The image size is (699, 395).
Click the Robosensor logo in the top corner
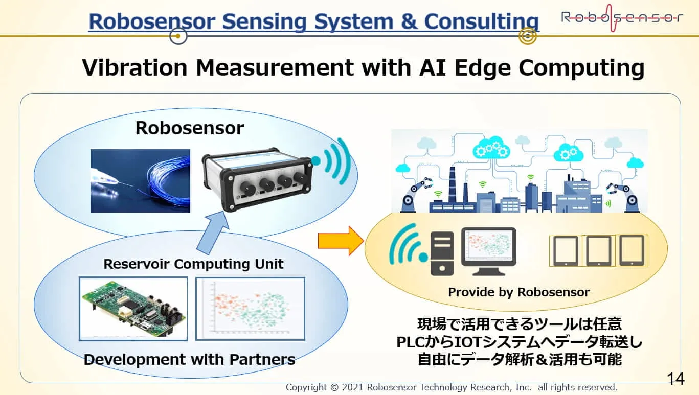point(622,18)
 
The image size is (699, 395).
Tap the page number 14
point(675,379)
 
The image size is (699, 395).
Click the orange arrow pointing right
point(341,241)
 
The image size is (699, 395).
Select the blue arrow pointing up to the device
point(213,233)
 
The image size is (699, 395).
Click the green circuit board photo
point(133,309)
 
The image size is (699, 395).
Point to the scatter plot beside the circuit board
point(250,309)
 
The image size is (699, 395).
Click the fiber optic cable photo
point(140,181)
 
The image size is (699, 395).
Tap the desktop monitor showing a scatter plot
point(489,251)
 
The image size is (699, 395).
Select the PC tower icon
point(442,254)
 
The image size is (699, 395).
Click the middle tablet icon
point(598,251)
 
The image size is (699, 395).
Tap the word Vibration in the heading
point(134,67)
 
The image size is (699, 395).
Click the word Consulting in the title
point(482,21)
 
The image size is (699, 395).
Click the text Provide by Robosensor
point(518,292)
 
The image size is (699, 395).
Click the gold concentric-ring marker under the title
point(527,36)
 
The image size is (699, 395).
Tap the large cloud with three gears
point(491,148)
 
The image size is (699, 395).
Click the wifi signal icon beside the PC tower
point(408,244)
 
